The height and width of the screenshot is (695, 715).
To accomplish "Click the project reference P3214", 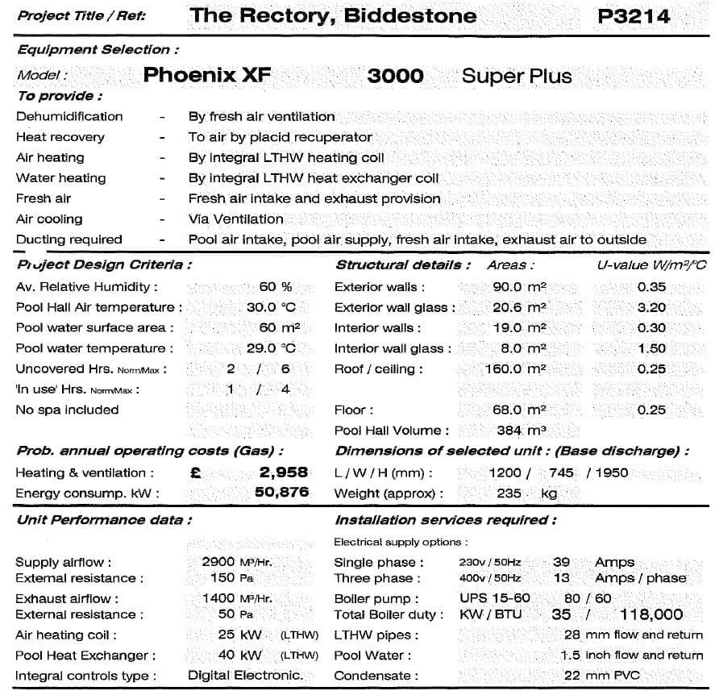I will pyautogui.click(x=634, y=16).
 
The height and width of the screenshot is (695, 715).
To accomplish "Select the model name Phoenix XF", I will pyautogui.click(x=207, y=76).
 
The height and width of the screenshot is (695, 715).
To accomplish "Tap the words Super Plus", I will pyautogui.click(x=517, y=77).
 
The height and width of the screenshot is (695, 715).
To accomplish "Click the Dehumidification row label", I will pyautogui.click(x=69, y=116).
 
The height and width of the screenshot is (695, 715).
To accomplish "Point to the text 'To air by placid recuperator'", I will pyautogui.click(x=280, y=137).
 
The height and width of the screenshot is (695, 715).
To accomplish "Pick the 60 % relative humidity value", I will pyautogui.click(x=276, y=287).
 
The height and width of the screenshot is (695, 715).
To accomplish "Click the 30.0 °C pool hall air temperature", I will pyautogui.click(x=271, y=307).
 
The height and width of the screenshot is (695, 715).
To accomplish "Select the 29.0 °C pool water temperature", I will pyautogui.click(x=271, y=348).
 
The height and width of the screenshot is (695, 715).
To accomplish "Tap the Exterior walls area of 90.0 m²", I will pyautogui.click(x=519, y=287).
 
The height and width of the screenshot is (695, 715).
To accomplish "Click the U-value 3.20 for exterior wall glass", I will pyautogui.click(x=651, y=307).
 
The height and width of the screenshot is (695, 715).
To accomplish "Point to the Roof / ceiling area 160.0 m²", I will pyautogui.click(x=515, y=369).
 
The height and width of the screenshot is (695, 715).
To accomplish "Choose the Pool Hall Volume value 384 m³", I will pyautogui.click(x=521, y=431).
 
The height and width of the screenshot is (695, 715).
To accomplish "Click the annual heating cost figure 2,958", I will pyautogui.click(x=283, y=472).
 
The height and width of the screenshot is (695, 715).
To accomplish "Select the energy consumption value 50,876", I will pyautogui.click(x=281, y=493).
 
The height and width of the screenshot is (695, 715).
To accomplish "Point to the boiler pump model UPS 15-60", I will pyautogui.click(x=495, y=598).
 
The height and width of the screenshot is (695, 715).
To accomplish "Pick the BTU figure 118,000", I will pyautogui.click(x=651, y=614).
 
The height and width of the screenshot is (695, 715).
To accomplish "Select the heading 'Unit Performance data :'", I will pyautogui.click(x=104, y=520).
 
